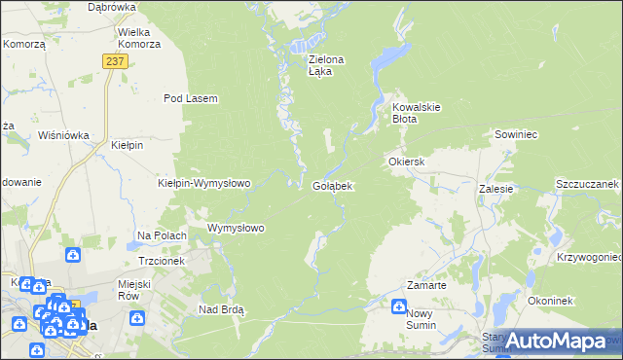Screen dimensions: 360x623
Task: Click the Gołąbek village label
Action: pos(332,185)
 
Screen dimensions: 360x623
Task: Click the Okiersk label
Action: pos(407,161)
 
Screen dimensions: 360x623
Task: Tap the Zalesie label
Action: pos(495,190)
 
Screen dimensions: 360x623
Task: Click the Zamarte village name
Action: pos(426,285)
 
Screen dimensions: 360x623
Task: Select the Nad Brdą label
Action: pos(221,309)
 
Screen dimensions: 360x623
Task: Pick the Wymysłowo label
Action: pos(237,229)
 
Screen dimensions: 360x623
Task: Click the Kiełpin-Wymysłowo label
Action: pos(204,183)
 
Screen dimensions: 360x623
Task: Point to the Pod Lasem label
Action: pos(190,98)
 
